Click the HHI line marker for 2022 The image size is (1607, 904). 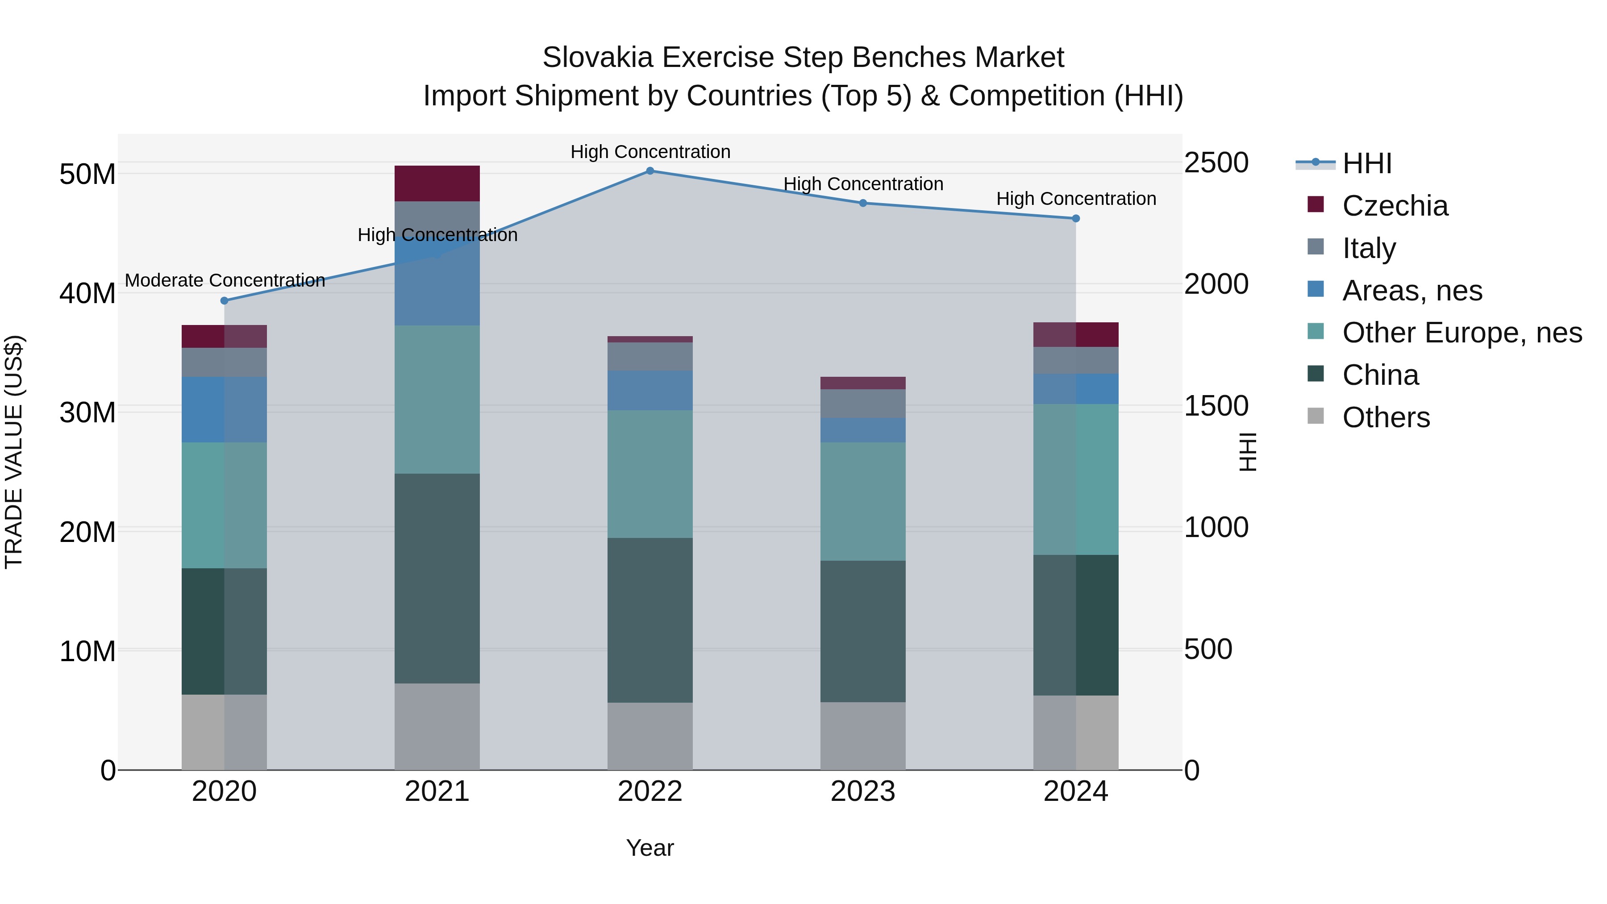[x=649, y=171]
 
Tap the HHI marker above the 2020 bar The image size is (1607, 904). [x=225, y=301]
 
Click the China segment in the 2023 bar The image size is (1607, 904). [x=863, y=631]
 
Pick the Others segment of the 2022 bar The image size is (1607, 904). [x=649, y=736]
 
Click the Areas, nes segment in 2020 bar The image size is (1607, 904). [x=224, y=409]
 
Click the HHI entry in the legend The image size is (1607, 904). [x=1366, y=163]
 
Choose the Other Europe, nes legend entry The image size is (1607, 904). [x=1461, y=333]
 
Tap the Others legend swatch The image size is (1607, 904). [x=1315, y=416]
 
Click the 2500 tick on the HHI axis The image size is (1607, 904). [x=1216, y=163]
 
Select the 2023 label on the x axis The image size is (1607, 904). [x=863, y=792]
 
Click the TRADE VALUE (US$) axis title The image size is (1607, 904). [x=14, y=452]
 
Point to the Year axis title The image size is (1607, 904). [x=649, y=848]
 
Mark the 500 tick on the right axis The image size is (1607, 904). [x=1208, y=650]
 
